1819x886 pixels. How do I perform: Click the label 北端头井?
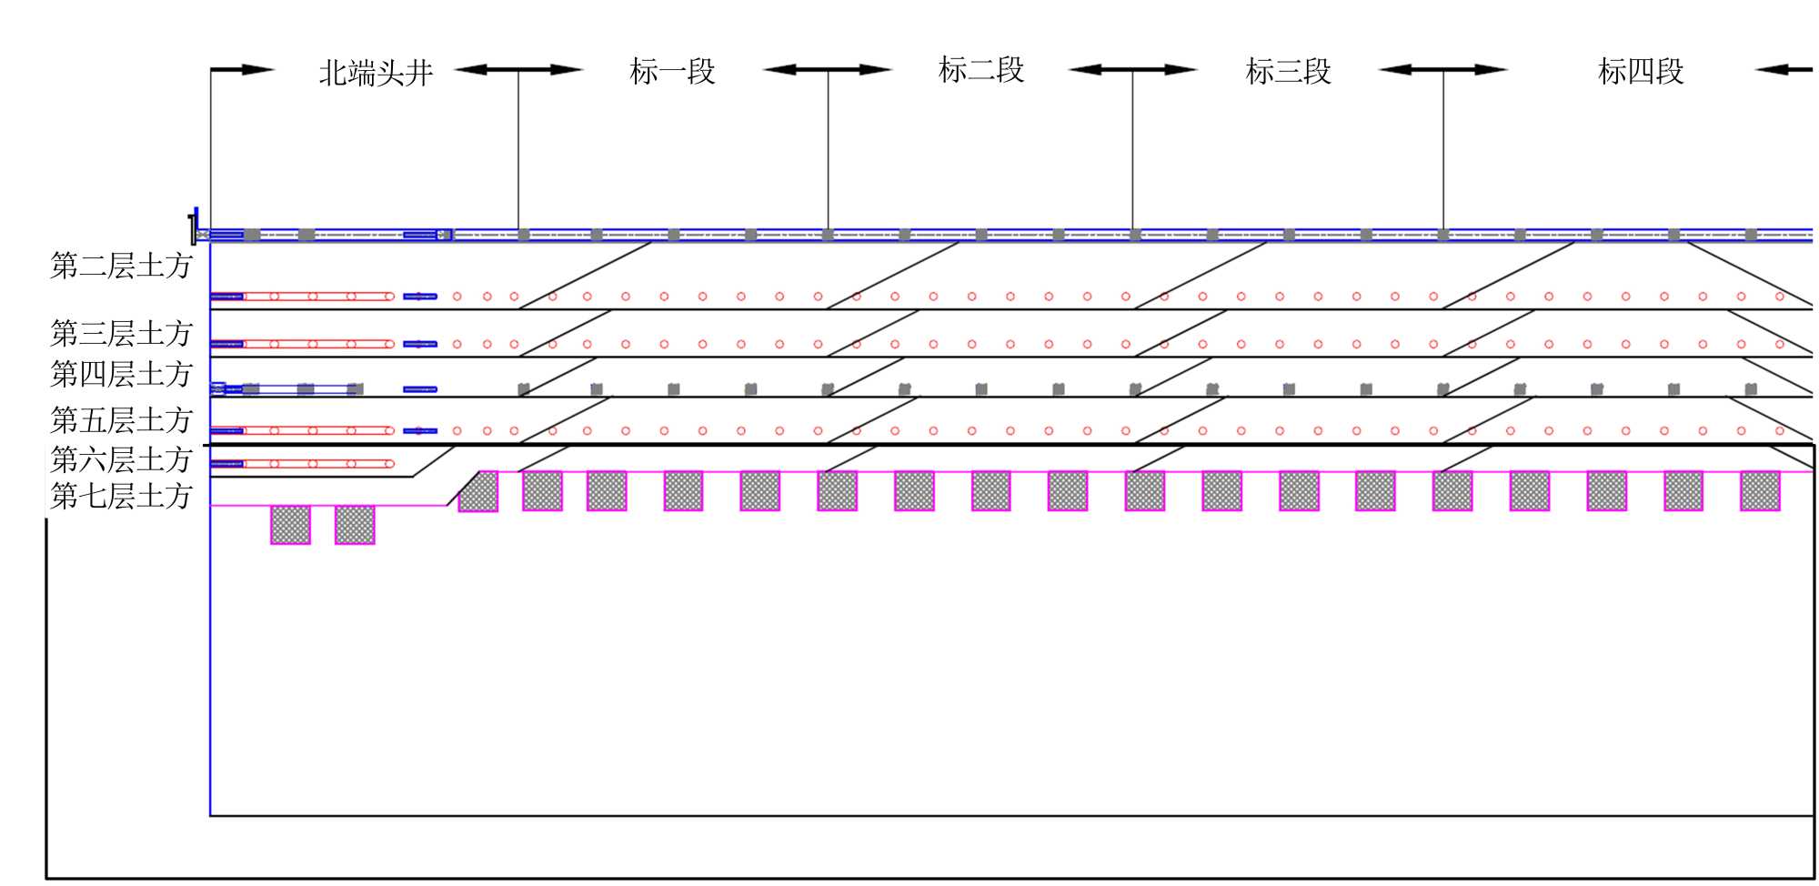point(376,73)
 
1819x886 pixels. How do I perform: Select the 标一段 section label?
point(673,71)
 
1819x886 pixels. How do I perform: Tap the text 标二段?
point(980,70)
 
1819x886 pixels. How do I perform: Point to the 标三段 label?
point(1288,71)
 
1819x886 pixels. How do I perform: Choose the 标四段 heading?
point(1641,71)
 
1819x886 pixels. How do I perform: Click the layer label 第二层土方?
point(121,266)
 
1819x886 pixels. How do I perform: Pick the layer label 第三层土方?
point(121,334)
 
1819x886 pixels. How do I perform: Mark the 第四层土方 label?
point(121,374)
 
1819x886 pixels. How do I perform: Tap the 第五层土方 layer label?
point(121,420)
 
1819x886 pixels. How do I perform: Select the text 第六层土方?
point(121,459)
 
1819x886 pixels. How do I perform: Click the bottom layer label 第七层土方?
point(121,497)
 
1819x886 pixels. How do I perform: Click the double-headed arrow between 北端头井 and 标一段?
point(518,69)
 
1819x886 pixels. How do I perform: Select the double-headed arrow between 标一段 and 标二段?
point(827,69)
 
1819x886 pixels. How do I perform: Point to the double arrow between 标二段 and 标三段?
point(1132,69)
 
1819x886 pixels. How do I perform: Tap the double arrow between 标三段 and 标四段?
point(1442,69)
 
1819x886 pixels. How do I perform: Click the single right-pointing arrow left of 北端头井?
point(242,69)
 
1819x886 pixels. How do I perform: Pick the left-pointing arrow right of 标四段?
point(1784,69)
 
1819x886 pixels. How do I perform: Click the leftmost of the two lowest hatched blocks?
point(290,525)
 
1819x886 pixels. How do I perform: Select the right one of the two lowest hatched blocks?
point(355,525)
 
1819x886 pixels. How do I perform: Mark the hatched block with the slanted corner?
point(479,492)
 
